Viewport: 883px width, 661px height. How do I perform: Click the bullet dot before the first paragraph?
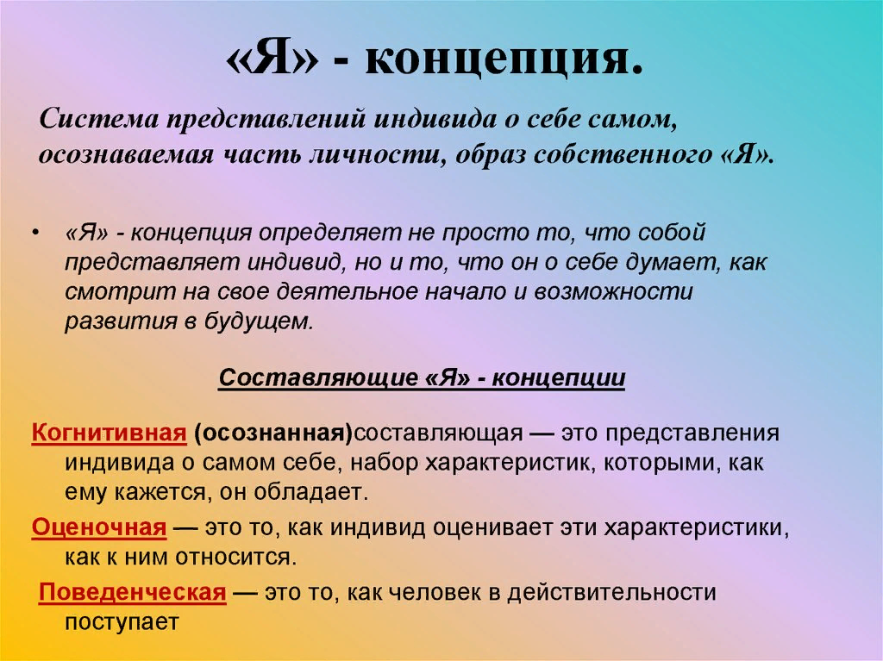click(x=34, y=234)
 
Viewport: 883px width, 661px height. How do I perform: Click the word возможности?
click(x=613, y=291)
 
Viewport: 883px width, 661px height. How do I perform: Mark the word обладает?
click(x=316, y=492)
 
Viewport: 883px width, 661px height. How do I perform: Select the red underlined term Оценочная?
click(x=98, y=527)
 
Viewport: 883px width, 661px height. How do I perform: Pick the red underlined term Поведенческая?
click(x=133, y=593)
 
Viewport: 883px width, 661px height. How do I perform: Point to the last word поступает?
click(x=121, y=622)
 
